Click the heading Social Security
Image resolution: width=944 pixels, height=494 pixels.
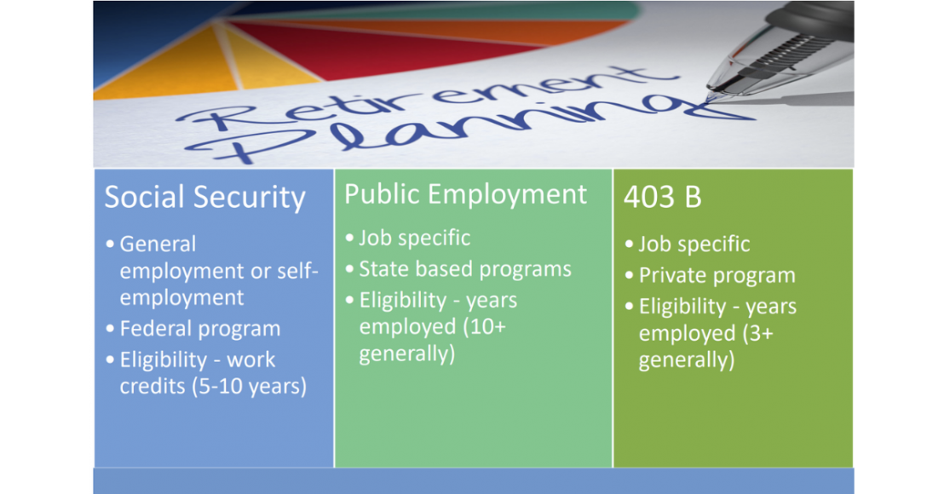[x=204, y=198]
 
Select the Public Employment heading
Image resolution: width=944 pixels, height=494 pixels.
[x=465, y=194]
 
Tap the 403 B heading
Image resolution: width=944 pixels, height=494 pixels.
[x=662, y=198]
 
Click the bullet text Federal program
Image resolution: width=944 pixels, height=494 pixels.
[x=200, y=329]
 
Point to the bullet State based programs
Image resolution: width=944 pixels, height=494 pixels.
[x=465, y=269]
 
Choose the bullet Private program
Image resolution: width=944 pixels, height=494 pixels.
[x=717, y=276]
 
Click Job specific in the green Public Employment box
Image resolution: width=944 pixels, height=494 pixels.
[x=415, y=238]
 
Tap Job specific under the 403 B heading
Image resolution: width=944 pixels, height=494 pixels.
[x=694, y=244]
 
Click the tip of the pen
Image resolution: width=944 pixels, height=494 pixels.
[x=710, y=96]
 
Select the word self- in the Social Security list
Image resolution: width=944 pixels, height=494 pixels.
[x=298, y=271]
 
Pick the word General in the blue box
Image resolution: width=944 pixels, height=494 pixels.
[x=158, y=244]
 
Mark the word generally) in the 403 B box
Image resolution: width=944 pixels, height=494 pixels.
[x=687, y=360]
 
